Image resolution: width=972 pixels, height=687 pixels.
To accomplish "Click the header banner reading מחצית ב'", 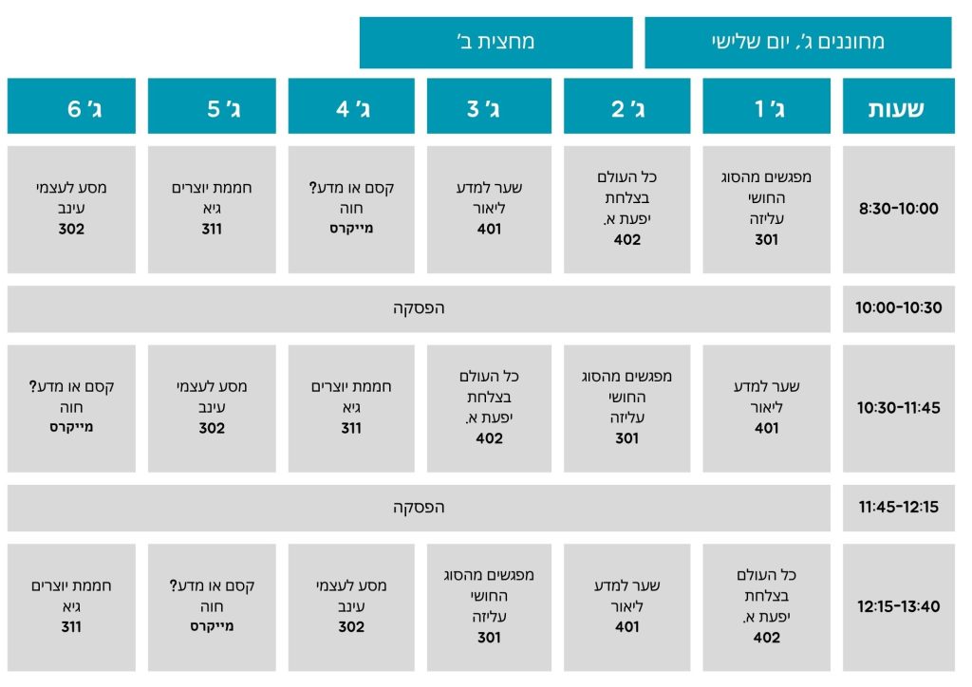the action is coord(495,42).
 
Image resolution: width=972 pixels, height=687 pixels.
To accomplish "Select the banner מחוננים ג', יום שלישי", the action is coord(797,42).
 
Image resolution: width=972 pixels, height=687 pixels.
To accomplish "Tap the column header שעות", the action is coord(898,106).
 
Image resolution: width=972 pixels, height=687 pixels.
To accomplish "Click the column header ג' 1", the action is coord(766,106).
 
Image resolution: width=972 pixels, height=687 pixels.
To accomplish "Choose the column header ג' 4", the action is coord(351,106).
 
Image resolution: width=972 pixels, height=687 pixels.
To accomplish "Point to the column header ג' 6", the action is coord(71,106).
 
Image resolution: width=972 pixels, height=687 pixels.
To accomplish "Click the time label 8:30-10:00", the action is coord(898,209).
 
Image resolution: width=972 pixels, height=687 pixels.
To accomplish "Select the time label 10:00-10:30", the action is coord(898,307).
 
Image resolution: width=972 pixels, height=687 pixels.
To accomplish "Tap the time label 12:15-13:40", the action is coord(898,606).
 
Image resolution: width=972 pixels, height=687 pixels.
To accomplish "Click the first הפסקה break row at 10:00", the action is coord(419,308).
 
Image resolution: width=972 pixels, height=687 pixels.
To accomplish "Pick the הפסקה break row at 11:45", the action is coord(419,508).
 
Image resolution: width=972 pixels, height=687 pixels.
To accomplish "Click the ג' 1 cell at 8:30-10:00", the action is coord(766,210).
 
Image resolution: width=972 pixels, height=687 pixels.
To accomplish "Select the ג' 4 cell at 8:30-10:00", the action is coord(351,210).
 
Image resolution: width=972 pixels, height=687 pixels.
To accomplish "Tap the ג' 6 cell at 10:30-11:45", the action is coord(71,408).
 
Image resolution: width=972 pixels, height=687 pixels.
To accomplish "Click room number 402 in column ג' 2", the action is coord(626,240).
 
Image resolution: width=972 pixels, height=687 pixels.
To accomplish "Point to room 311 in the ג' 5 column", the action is coord(212,230).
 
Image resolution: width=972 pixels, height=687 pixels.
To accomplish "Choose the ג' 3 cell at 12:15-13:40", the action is coord(489,607).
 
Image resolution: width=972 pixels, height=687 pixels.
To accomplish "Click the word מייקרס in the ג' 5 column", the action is coord(212,626).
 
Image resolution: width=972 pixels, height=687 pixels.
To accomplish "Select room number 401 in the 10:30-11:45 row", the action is coord(766,428).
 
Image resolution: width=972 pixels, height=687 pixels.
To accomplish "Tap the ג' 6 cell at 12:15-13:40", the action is coord(71,607).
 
